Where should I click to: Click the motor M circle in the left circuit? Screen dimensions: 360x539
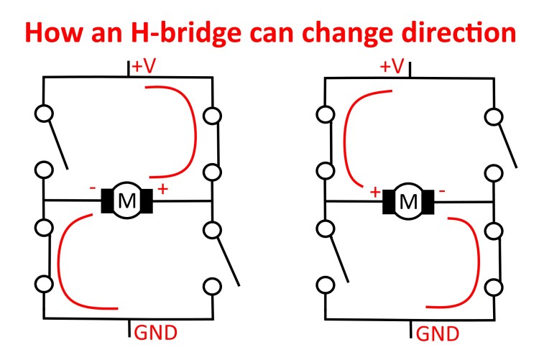(127, 201)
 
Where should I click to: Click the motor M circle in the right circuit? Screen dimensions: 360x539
(408, 201)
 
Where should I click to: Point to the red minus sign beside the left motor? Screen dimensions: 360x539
(93, 188)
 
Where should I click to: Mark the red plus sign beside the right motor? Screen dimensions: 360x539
(374, 192)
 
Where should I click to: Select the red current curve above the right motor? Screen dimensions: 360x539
(345, 137)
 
